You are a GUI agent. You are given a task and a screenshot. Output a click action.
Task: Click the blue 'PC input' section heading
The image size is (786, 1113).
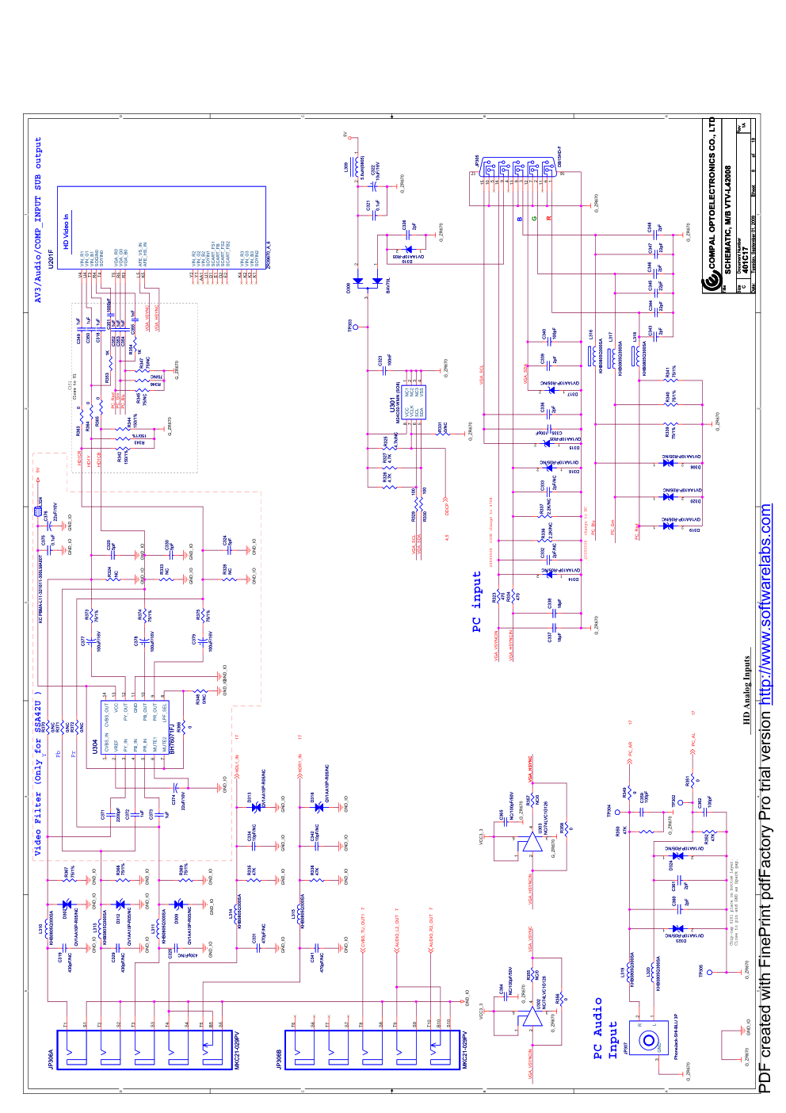[477, 602]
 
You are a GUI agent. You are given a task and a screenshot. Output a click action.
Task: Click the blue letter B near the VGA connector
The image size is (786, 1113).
[520, 219]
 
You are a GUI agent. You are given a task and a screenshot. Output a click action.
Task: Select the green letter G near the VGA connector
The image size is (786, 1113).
[534, 219]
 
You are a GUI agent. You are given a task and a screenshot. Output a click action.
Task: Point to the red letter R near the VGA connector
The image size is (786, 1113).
[548, 219]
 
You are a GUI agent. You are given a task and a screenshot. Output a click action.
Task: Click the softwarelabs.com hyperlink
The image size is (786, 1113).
[765, 603]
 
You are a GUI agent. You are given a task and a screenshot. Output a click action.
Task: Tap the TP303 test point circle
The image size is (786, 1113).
[355, 327]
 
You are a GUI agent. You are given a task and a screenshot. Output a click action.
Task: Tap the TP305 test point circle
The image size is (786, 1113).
[710, 972]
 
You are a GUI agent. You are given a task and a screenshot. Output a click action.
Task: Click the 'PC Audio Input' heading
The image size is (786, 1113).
[605, 1028]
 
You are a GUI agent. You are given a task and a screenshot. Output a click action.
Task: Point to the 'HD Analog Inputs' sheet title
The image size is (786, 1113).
[746, 690]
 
